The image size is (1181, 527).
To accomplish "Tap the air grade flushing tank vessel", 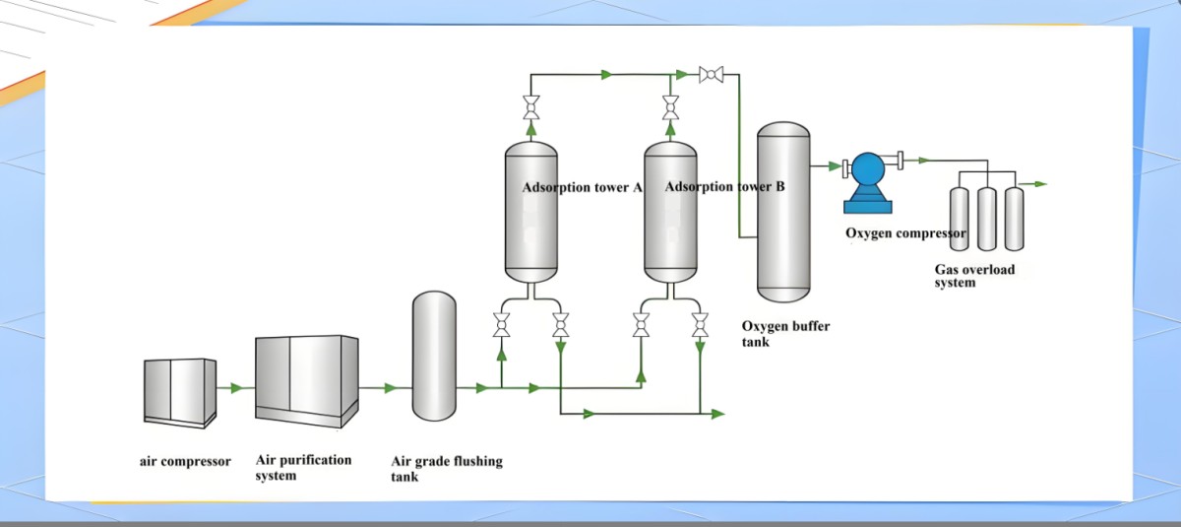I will pos(433,356).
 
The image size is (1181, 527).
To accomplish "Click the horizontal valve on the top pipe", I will pos(711,74).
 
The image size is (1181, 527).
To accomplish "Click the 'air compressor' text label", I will pos(185,461).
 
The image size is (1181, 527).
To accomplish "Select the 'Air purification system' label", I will pos(303,467).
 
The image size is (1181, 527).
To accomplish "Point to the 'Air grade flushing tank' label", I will pos(447,469).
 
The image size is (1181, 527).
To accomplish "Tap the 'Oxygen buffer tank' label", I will pos(784,334).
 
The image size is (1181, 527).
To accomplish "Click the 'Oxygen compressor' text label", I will pos(905,233).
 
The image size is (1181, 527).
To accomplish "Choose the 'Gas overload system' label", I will pos(974,276).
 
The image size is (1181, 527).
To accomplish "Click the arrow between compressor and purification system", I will pos(235,388).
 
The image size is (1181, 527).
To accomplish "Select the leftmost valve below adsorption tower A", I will pos(501,324).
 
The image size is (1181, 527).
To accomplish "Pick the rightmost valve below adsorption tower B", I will pos(700,324).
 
